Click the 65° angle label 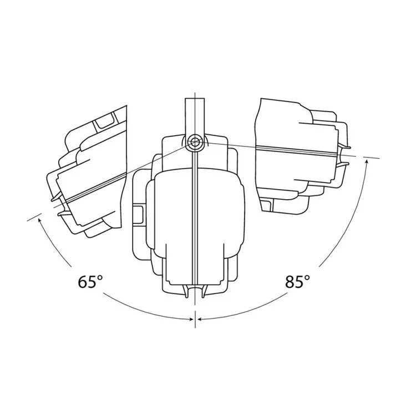coord(90,282)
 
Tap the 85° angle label coord(297,282)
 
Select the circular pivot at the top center coord(195,142)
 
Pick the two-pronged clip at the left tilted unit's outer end coord(56,203)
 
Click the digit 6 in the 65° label coord(83,282)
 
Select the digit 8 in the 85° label coord(290,282)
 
